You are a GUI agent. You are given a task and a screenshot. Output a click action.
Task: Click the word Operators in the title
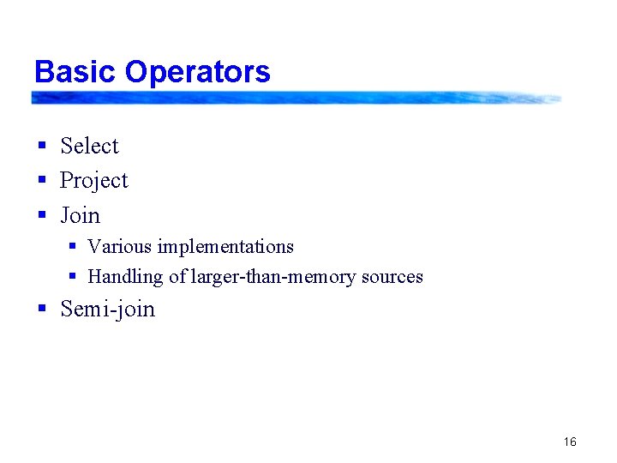click(x=198, y=73)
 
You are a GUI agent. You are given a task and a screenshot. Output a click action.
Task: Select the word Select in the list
click(x=89, y=147)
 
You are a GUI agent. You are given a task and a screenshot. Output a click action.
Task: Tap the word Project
click(x=93, y=181)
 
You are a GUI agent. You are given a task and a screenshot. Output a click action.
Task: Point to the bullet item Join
click(x=80, y=215)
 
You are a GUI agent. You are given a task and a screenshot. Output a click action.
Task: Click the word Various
click(x=119, y=247)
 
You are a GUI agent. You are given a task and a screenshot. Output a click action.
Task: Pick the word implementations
click(x=225, y=247)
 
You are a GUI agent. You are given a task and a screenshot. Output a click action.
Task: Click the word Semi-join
click(x=108, y=309)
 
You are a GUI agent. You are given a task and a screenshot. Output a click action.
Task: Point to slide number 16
click(x=570, y=442)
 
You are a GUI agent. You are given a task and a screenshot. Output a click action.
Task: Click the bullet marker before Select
click(x=41, y=147)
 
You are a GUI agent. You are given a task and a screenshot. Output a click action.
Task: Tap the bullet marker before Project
click(x=41, y=181)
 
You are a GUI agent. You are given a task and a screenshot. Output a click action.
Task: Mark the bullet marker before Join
click(x=41, y=215)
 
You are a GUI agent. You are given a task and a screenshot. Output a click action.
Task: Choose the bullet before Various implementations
click(x=73, y=247)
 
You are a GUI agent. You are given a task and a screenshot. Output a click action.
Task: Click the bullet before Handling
click(x=73, y=277)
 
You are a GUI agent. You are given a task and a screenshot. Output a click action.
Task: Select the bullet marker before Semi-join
click(x=41, y=309)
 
